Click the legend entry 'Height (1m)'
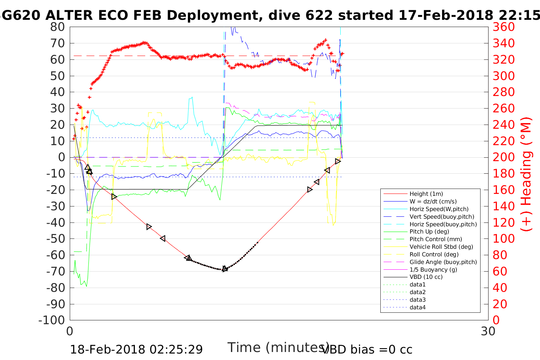[426, 194]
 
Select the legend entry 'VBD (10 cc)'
[426, 277]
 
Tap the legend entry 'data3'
[417, 300]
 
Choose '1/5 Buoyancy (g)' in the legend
[433, 269]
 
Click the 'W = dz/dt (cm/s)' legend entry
[433, 202]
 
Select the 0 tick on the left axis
[61, 157]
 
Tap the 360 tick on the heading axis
[503, 27]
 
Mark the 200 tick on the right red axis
[503, 157]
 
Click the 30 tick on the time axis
[488, 331]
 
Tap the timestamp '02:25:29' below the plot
[176, 349]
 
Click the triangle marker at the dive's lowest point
[225, 269]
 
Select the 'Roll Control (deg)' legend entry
[434, 254]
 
